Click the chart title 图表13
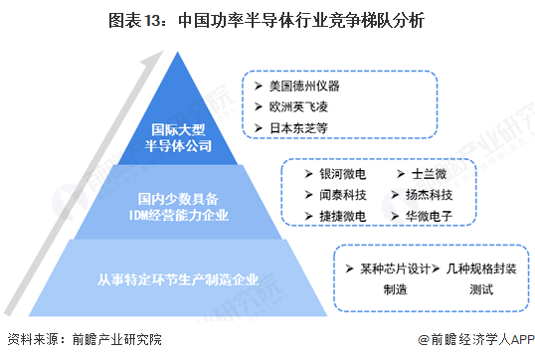[267, 19]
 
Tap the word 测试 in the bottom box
[480, 289]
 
